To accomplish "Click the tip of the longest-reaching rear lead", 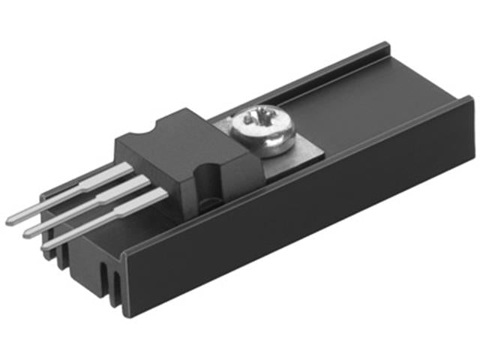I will (x=10, y=221).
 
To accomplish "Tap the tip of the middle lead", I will (x=28, y=233).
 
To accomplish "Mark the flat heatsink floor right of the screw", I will (x=360, y=124).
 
